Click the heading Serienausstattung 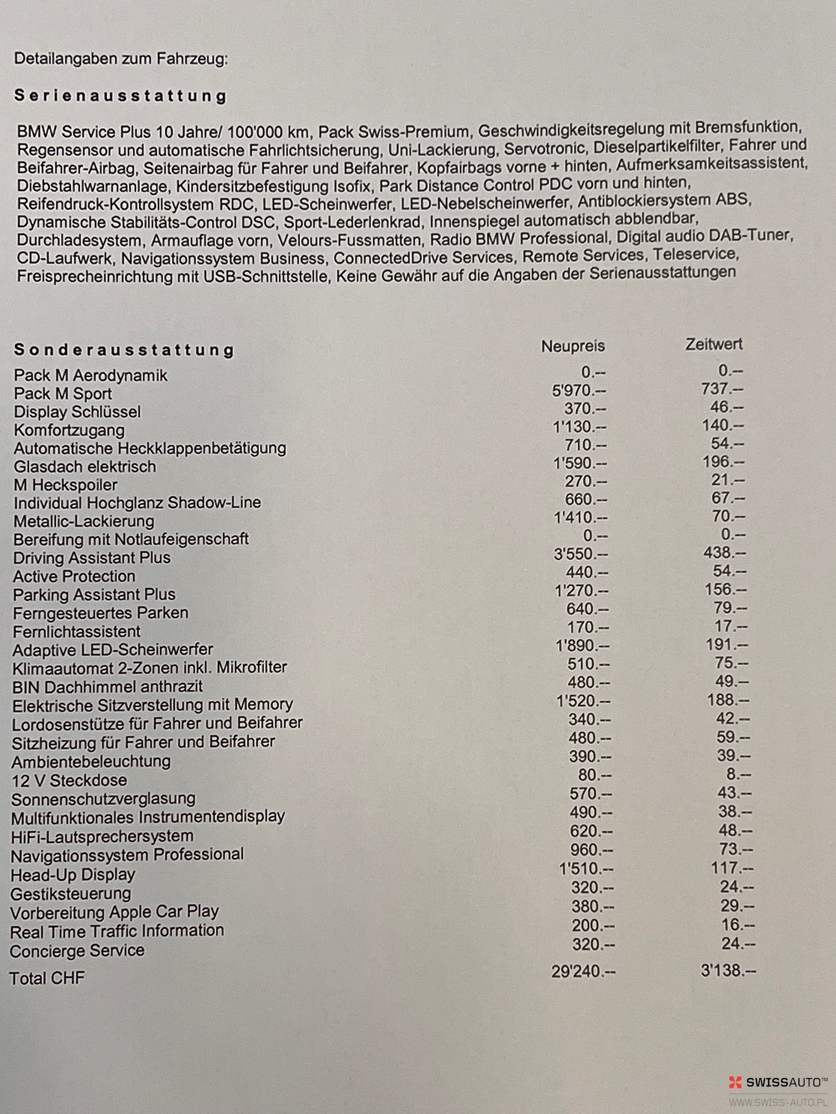point(121,96)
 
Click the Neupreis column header point(573,346)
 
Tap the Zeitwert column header point(713,344)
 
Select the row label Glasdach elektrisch point(85,466)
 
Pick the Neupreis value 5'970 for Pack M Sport point(578,391)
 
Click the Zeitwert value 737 point(722,389)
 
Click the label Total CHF point(48,978)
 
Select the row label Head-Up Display point(73,875)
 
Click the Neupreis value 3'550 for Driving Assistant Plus point(581,554)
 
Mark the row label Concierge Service point(77,950)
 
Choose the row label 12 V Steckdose point(70,780)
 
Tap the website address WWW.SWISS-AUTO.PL point(778,1102)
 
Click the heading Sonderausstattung point(124,350)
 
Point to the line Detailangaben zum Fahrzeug point(121,59)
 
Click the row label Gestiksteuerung point(71,894)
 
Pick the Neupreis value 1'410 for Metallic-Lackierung point(580,518)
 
